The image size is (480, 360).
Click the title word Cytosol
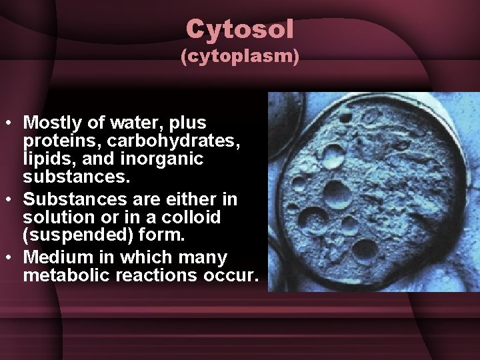[x=240, y=29]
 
